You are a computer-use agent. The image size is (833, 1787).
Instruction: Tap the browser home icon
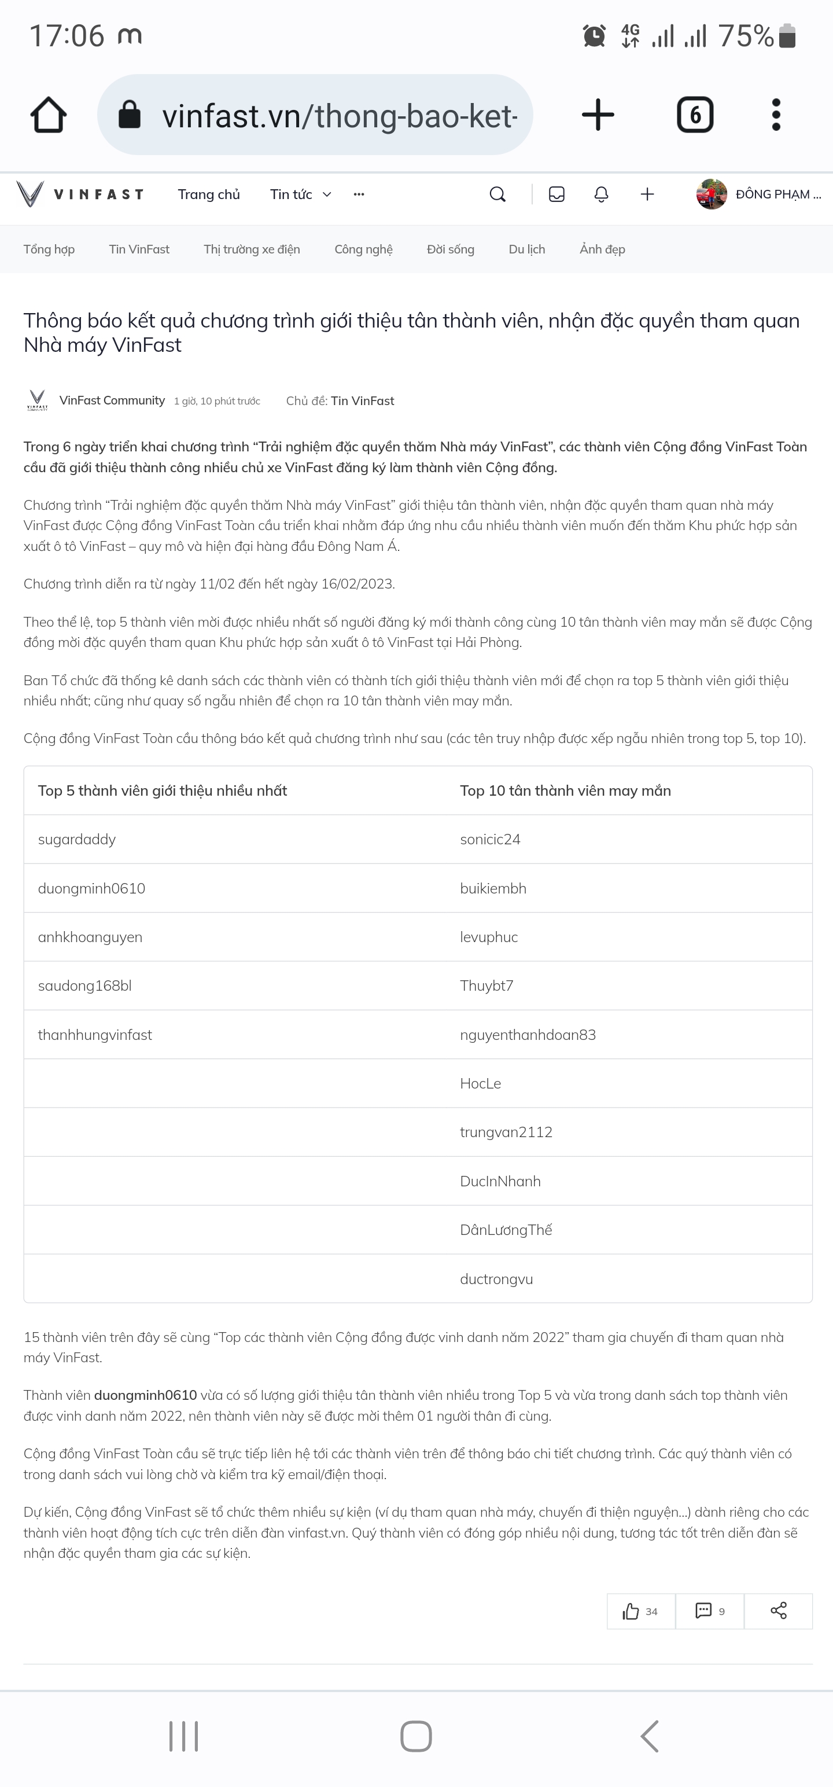tap(49, 115)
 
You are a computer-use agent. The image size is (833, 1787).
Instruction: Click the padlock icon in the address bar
tap(130, 115)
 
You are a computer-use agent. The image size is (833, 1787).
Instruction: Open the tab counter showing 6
tap(695, 115)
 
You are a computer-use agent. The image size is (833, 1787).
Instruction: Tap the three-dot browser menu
tap(776, 115)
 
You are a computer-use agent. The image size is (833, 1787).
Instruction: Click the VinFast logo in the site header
tap(80, 194)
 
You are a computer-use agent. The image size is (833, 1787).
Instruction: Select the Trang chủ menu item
tap(209, 194)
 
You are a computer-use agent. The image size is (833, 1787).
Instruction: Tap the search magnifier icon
tap(497, 194)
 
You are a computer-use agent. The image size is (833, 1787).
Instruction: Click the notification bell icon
tap(602, 194)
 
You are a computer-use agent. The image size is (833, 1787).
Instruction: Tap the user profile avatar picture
tap(712, 194)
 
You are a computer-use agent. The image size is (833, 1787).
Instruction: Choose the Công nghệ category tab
tap(363, 249)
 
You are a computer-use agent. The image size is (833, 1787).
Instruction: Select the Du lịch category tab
tap(527, 249)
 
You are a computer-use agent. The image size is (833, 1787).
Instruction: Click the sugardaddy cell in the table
tap(77, 839)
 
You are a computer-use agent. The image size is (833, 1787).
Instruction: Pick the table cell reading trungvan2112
tap(506, 1132)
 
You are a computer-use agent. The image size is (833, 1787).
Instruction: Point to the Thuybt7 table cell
tap(487, 986)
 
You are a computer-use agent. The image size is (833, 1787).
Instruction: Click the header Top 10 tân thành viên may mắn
tap(565, 791)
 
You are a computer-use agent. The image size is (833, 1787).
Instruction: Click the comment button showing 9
tap(710, 1611)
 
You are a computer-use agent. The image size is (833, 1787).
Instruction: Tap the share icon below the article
tap(778, 1611)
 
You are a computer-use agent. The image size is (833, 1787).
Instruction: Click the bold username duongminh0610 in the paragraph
tap(146, 1395)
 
